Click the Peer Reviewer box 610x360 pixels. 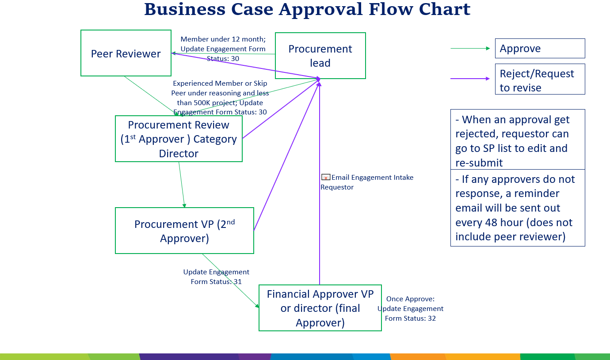point(126,53)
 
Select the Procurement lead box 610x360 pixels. point(320,56)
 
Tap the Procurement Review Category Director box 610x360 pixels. point(179,139)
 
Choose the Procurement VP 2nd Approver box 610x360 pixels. point(184,231)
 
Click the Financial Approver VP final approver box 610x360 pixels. point(320,308)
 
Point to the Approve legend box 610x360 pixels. point(540,48)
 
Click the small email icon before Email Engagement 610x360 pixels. point(325,178)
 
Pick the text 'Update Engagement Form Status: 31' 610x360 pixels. point(216,277)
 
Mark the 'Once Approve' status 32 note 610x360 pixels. point(410,308)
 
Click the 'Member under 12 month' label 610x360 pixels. point(223,49)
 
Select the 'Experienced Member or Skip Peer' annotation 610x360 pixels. point(220,98)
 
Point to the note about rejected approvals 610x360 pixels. point(517,140)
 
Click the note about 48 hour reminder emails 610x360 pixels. point(517,208)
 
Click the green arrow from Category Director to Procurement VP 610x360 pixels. point(182,185)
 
